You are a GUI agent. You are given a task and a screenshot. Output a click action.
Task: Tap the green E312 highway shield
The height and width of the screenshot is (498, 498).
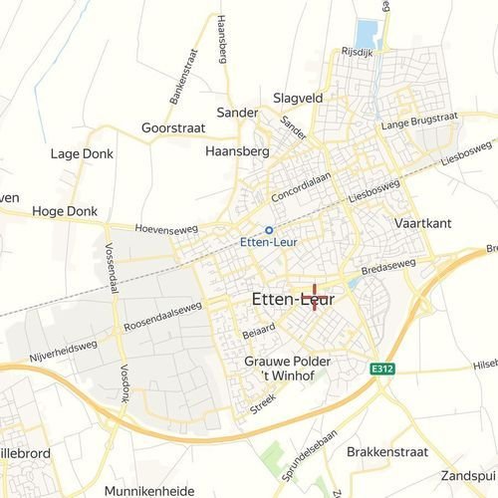[x=377, y=368]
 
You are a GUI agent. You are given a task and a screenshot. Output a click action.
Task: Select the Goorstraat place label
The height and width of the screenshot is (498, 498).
[x=172, y=129]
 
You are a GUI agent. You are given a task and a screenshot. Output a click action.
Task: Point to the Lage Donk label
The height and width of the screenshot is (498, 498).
[x=82, y=154]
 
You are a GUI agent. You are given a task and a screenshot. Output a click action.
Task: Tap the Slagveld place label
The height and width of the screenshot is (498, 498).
[x=296, y=98]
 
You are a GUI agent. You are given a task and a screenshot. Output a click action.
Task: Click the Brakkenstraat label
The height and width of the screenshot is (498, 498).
[x=387, y=451]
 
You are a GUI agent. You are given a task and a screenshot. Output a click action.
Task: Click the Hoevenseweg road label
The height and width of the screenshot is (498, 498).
[x=161, y=227]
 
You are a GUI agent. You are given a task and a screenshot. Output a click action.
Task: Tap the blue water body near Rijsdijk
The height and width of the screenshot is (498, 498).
[x=368, y=33]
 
